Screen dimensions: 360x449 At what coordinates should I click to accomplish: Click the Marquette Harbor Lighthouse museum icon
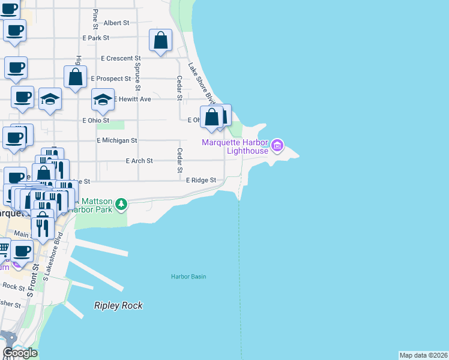[277, 145]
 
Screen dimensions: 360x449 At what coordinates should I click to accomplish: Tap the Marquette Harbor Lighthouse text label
[235, 146]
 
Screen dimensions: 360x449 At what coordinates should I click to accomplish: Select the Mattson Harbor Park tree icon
[121, 205]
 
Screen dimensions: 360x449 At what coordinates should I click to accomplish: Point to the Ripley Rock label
[118, 305]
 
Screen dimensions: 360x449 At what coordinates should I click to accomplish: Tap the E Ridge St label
[200, 180]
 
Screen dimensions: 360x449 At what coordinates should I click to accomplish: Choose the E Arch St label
[139, 161]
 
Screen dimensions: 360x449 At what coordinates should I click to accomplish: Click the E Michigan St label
[117, 140]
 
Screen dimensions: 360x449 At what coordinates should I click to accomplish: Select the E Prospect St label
[111, 79]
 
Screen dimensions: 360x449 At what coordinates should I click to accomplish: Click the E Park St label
[96, 38]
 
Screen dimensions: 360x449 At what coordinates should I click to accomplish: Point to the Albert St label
[116, 23]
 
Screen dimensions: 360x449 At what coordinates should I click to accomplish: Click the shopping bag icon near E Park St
[160, 41]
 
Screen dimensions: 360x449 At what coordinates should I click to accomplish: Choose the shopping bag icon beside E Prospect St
[75, 77]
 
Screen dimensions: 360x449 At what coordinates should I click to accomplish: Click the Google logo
[20, 353]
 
